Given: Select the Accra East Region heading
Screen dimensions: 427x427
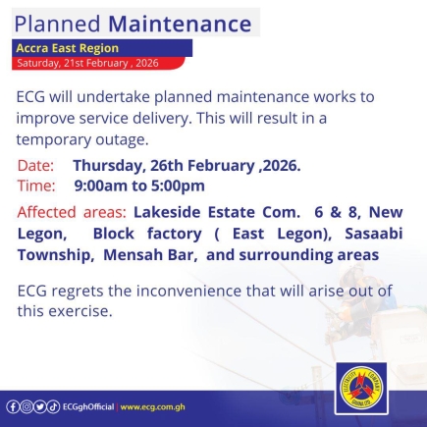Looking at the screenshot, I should pyautogui.click(x=68, y=48).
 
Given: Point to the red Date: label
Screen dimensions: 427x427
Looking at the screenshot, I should pyautogui.click(x=36, y=166).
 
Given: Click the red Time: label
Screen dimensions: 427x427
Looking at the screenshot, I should pyautogui.click(x=36, y=185).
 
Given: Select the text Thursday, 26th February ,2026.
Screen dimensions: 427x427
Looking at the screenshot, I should pyautogui.click(x=187, y=166).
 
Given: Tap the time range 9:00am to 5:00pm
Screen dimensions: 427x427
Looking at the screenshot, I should pyautogui.click(x=139, y=185).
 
